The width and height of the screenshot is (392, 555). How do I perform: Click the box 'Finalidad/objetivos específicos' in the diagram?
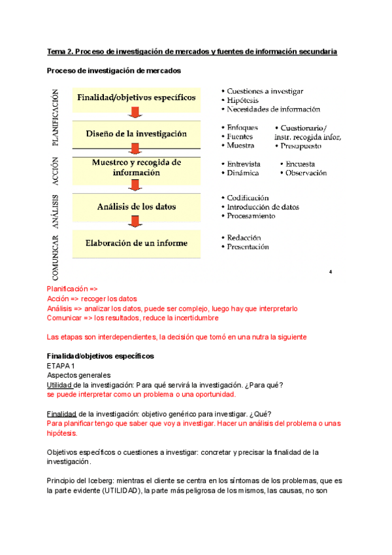pos(137,98)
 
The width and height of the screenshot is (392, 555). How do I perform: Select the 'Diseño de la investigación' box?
pos(137,134)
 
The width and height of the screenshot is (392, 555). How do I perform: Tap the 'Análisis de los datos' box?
pos(137,207)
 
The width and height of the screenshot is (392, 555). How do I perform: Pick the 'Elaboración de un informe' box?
pos(137,243)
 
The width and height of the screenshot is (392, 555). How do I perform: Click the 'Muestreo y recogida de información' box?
pos(137,168)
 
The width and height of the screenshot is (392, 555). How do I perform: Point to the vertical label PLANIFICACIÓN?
pos(55,118)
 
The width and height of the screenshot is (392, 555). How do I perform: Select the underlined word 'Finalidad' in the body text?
pos(61,414)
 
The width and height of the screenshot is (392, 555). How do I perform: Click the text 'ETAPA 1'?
pos(61,366)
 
